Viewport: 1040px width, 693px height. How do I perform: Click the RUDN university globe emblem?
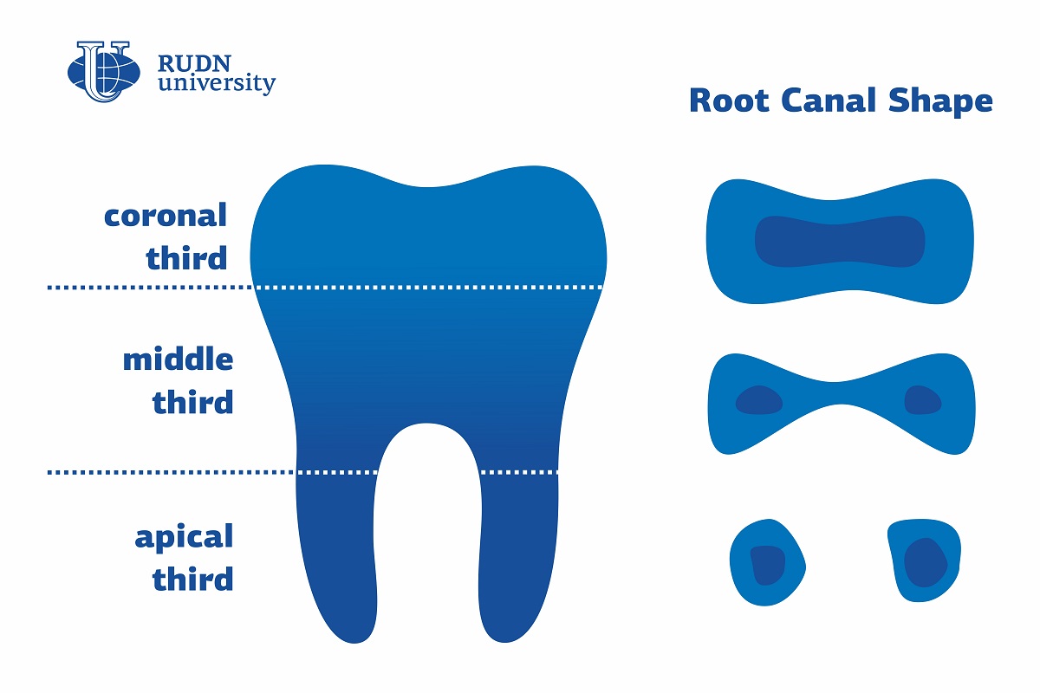tap(104, 72)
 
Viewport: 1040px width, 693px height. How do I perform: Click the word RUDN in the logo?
tap(194, 64)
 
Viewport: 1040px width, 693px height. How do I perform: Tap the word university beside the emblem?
tap(217, 83)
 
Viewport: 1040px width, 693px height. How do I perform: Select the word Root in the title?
tap(729, 100)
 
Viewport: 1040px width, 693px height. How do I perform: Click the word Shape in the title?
tap(940, 103)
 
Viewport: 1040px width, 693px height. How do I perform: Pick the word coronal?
tap(166, 216)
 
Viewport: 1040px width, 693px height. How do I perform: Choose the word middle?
tap(178, 359)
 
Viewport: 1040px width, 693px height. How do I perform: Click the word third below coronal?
tap(186, 256)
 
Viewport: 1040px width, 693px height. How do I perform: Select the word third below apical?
tap(192, 578)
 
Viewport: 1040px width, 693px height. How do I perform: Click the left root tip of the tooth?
tap(354, 642)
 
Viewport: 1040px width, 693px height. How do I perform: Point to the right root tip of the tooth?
tap(505, 641)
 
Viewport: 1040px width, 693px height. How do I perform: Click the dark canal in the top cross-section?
tap(840, 242)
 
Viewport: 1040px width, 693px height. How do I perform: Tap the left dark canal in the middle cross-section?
tap(759, 400)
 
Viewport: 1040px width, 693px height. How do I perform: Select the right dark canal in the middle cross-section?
tap(922, 400)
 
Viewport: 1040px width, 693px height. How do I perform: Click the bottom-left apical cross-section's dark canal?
tap(768, 565)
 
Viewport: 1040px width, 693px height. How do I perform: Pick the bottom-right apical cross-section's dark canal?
tap(926, 562)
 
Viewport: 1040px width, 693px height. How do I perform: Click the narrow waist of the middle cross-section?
tap(840, 393)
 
